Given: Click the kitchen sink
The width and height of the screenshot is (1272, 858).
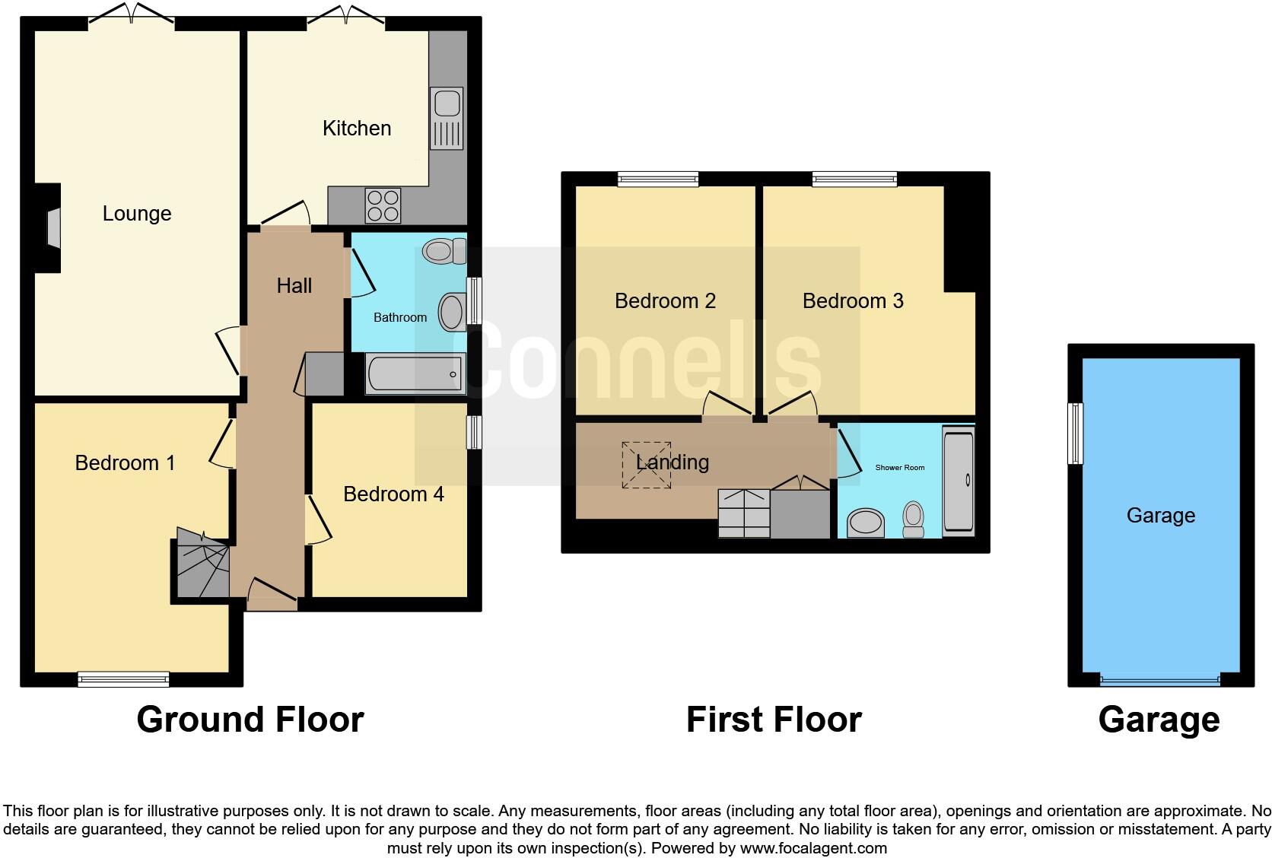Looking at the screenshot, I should tap(447, 118).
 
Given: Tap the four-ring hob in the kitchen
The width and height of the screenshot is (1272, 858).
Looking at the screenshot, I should tap(383, 205).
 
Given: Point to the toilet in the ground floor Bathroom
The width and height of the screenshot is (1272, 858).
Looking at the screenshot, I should tap(444, 250).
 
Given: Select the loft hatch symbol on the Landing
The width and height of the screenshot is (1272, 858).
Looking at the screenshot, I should tap(647, 465).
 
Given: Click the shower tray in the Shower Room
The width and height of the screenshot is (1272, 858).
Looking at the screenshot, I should tap(958, 480).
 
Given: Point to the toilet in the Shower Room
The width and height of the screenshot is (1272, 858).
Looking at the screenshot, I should tap(913, 518).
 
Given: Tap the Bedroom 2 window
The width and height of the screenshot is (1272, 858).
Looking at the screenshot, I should tap(657, 180).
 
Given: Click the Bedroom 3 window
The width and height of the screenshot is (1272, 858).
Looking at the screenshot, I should tap(854, 180).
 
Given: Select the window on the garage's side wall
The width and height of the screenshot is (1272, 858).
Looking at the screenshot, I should tap(1075, 433).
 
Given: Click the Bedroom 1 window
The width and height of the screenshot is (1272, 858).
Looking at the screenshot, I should tap(123, 678).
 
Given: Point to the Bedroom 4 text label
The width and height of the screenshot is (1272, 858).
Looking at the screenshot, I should tap(393, 494).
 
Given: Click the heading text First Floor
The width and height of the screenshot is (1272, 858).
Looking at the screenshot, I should tap(773, 720).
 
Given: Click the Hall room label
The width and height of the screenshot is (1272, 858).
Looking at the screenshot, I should tap(294, 285).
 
